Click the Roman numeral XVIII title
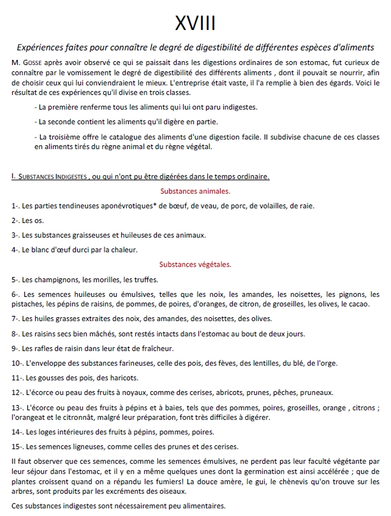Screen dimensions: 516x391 pos(195,23)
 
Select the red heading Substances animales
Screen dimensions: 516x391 pos(195,191)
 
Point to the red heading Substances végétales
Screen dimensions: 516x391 pos(195,264)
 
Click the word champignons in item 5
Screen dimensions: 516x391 pos(55,279)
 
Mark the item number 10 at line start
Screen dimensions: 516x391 pos(17,363)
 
